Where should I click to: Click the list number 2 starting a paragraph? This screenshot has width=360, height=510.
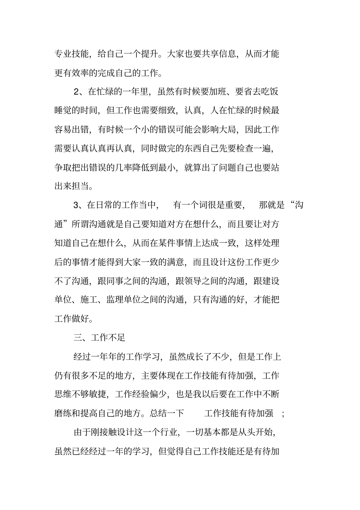pos(76,92)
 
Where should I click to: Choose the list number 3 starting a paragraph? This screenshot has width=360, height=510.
pos(76,205)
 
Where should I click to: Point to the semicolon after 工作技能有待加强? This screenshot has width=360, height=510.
pos(284,414)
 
